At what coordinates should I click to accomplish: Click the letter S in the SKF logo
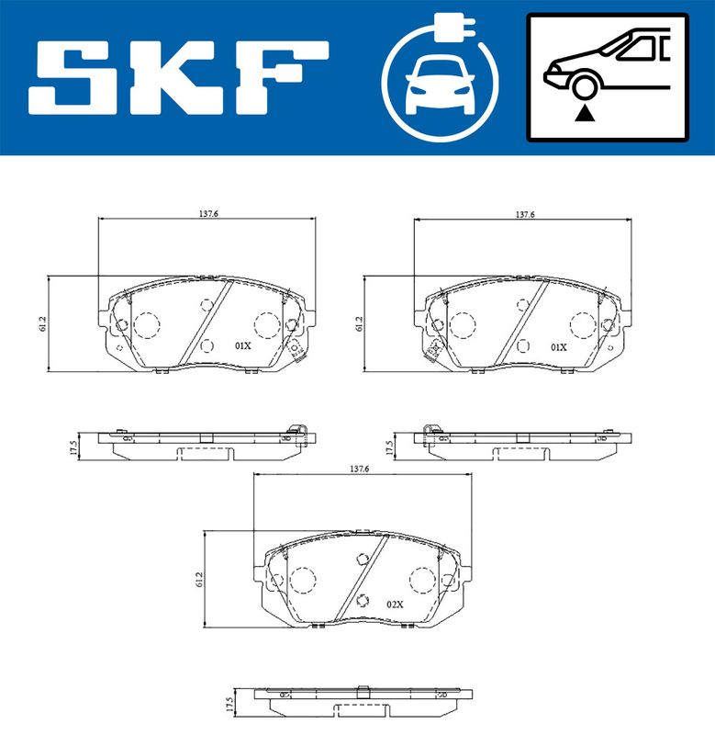coord(73,78)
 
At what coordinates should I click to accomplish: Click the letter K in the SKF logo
coord(180,78)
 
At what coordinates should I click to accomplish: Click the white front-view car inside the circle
coord(440,86)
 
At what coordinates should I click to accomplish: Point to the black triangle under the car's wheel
coord(585,113)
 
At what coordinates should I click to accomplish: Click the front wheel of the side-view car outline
coord(586,85)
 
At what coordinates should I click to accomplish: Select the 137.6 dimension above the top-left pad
coord(209,214)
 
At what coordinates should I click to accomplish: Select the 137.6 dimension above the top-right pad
coord(525,214)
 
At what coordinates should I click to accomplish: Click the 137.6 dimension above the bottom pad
coord(360,469)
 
